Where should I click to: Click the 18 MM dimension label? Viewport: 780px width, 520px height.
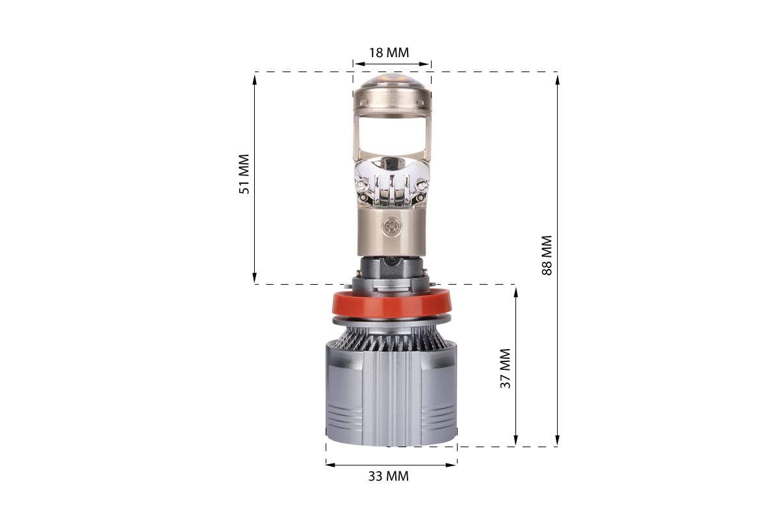pyautogui.click(x=389, y=53)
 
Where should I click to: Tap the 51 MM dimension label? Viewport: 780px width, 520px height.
pyautogui.click(x=244, y=174)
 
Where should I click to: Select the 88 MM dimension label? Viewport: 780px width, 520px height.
pyautogui.click(x=547, y=255)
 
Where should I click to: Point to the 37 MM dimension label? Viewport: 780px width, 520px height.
pyautogui.click(x=505, y=368)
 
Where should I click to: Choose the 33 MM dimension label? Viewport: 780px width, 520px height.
pyautogui.click(x=389, y=476)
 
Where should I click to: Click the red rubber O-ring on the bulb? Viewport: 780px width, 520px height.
pyautogui.click(x=392, y=305)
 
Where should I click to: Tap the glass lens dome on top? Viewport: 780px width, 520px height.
pyautogui.click(x=392, y=81)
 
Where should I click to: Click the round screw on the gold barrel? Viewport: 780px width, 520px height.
pyautogui.click(x=392, y=226)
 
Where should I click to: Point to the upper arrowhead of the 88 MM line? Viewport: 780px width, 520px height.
pyautogui.click(x=557, y=80)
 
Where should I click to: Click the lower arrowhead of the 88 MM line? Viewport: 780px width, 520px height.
pyautogui.click(x=557, y=440)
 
